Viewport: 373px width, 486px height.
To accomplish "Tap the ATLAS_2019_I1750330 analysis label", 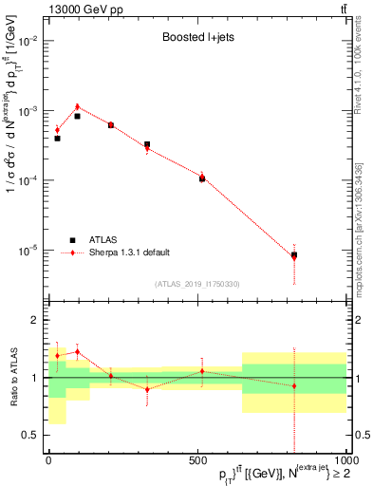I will [197, 284].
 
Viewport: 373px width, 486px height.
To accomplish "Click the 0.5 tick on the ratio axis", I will [32, 435].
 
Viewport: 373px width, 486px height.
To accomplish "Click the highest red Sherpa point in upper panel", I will [78, 107].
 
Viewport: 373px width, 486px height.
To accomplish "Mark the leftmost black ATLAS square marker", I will [57, 139].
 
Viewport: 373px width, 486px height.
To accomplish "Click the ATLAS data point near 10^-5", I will [294, 254].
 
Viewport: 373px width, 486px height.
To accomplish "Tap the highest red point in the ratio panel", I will [78, 351].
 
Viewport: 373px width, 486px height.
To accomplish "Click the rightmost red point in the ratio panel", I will [294, 385].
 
